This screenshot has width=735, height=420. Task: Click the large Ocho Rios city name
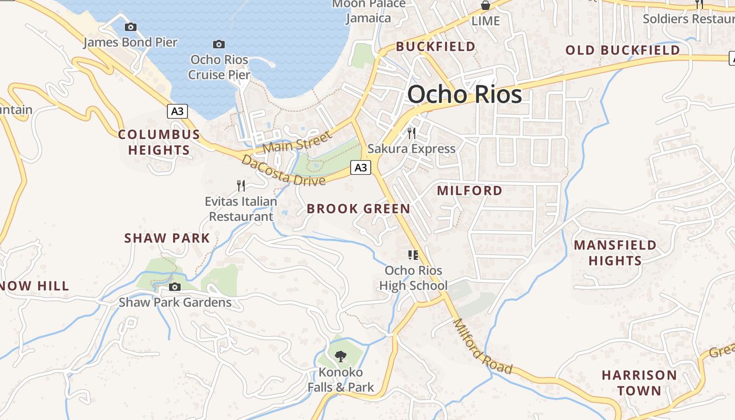(x=465, y=94)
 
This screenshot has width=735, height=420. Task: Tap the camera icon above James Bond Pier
(x=131, y=27)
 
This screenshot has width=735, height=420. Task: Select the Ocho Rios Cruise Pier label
(x=219, y=67)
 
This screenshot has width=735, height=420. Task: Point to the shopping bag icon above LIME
(x=486, y=6)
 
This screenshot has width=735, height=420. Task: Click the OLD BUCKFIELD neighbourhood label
(x=623, y=50)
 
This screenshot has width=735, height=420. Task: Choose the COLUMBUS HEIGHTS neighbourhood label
(x=159, y=142)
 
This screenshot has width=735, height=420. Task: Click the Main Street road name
(x=297, y=142)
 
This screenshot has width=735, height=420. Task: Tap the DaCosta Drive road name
(x=283, y=171)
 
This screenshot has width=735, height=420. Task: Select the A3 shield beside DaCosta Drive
(x=360, y=167)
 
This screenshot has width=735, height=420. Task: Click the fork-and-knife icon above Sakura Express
(x=412, y=133)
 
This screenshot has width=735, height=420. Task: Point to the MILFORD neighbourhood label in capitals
(x=470, y=191)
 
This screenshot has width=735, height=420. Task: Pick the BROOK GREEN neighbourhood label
(x=359, y=209)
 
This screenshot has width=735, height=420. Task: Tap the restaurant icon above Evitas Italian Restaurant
(x=240, y=185)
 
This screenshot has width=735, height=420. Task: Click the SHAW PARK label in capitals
(x=167, y=238)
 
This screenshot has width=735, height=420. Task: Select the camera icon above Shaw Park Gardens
(x=175, y=287)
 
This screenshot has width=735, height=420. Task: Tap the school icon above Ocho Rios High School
(x=413, y=255)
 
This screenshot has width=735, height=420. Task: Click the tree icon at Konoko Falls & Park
(x=341, y=356)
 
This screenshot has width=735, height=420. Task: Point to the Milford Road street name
(x=482, y=346)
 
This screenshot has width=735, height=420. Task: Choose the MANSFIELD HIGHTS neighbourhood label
(x=615, y=253)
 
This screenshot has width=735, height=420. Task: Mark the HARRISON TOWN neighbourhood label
(x=639, y=383)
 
